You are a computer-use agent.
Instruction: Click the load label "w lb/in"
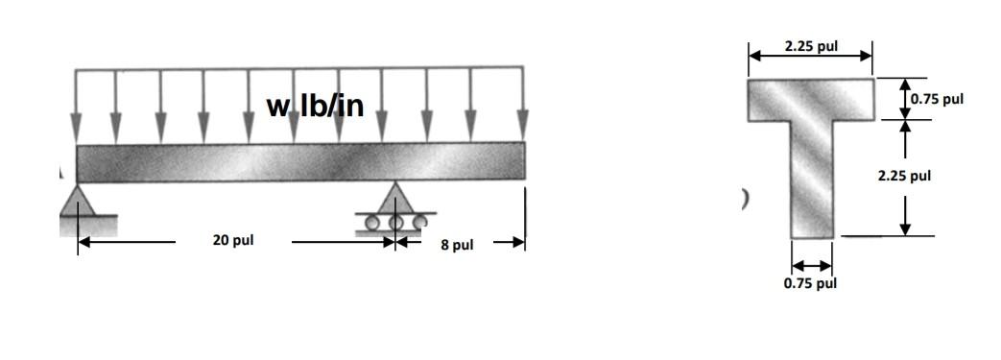pos(316,106)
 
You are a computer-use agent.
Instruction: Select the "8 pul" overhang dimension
pos(457,245)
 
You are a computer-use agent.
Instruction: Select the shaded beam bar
pos(300,160)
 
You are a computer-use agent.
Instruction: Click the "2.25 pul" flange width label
pos(810,45)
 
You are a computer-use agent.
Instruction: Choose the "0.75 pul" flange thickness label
pos(937,99)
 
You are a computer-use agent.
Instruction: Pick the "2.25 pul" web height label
pos(904,176)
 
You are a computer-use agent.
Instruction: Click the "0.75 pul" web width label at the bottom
pos(810,283)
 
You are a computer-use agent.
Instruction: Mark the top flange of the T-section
pos(810,100)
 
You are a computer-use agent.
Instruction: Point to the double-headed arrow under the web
pos(812,265)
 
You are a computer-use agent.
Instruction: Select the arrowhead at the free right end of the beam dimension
pos(517,244)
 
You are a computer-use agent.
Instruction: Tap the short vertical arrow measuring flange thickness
pos(904,99)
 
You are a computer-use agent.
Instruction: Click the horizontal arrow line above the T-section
pos(810,57)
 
